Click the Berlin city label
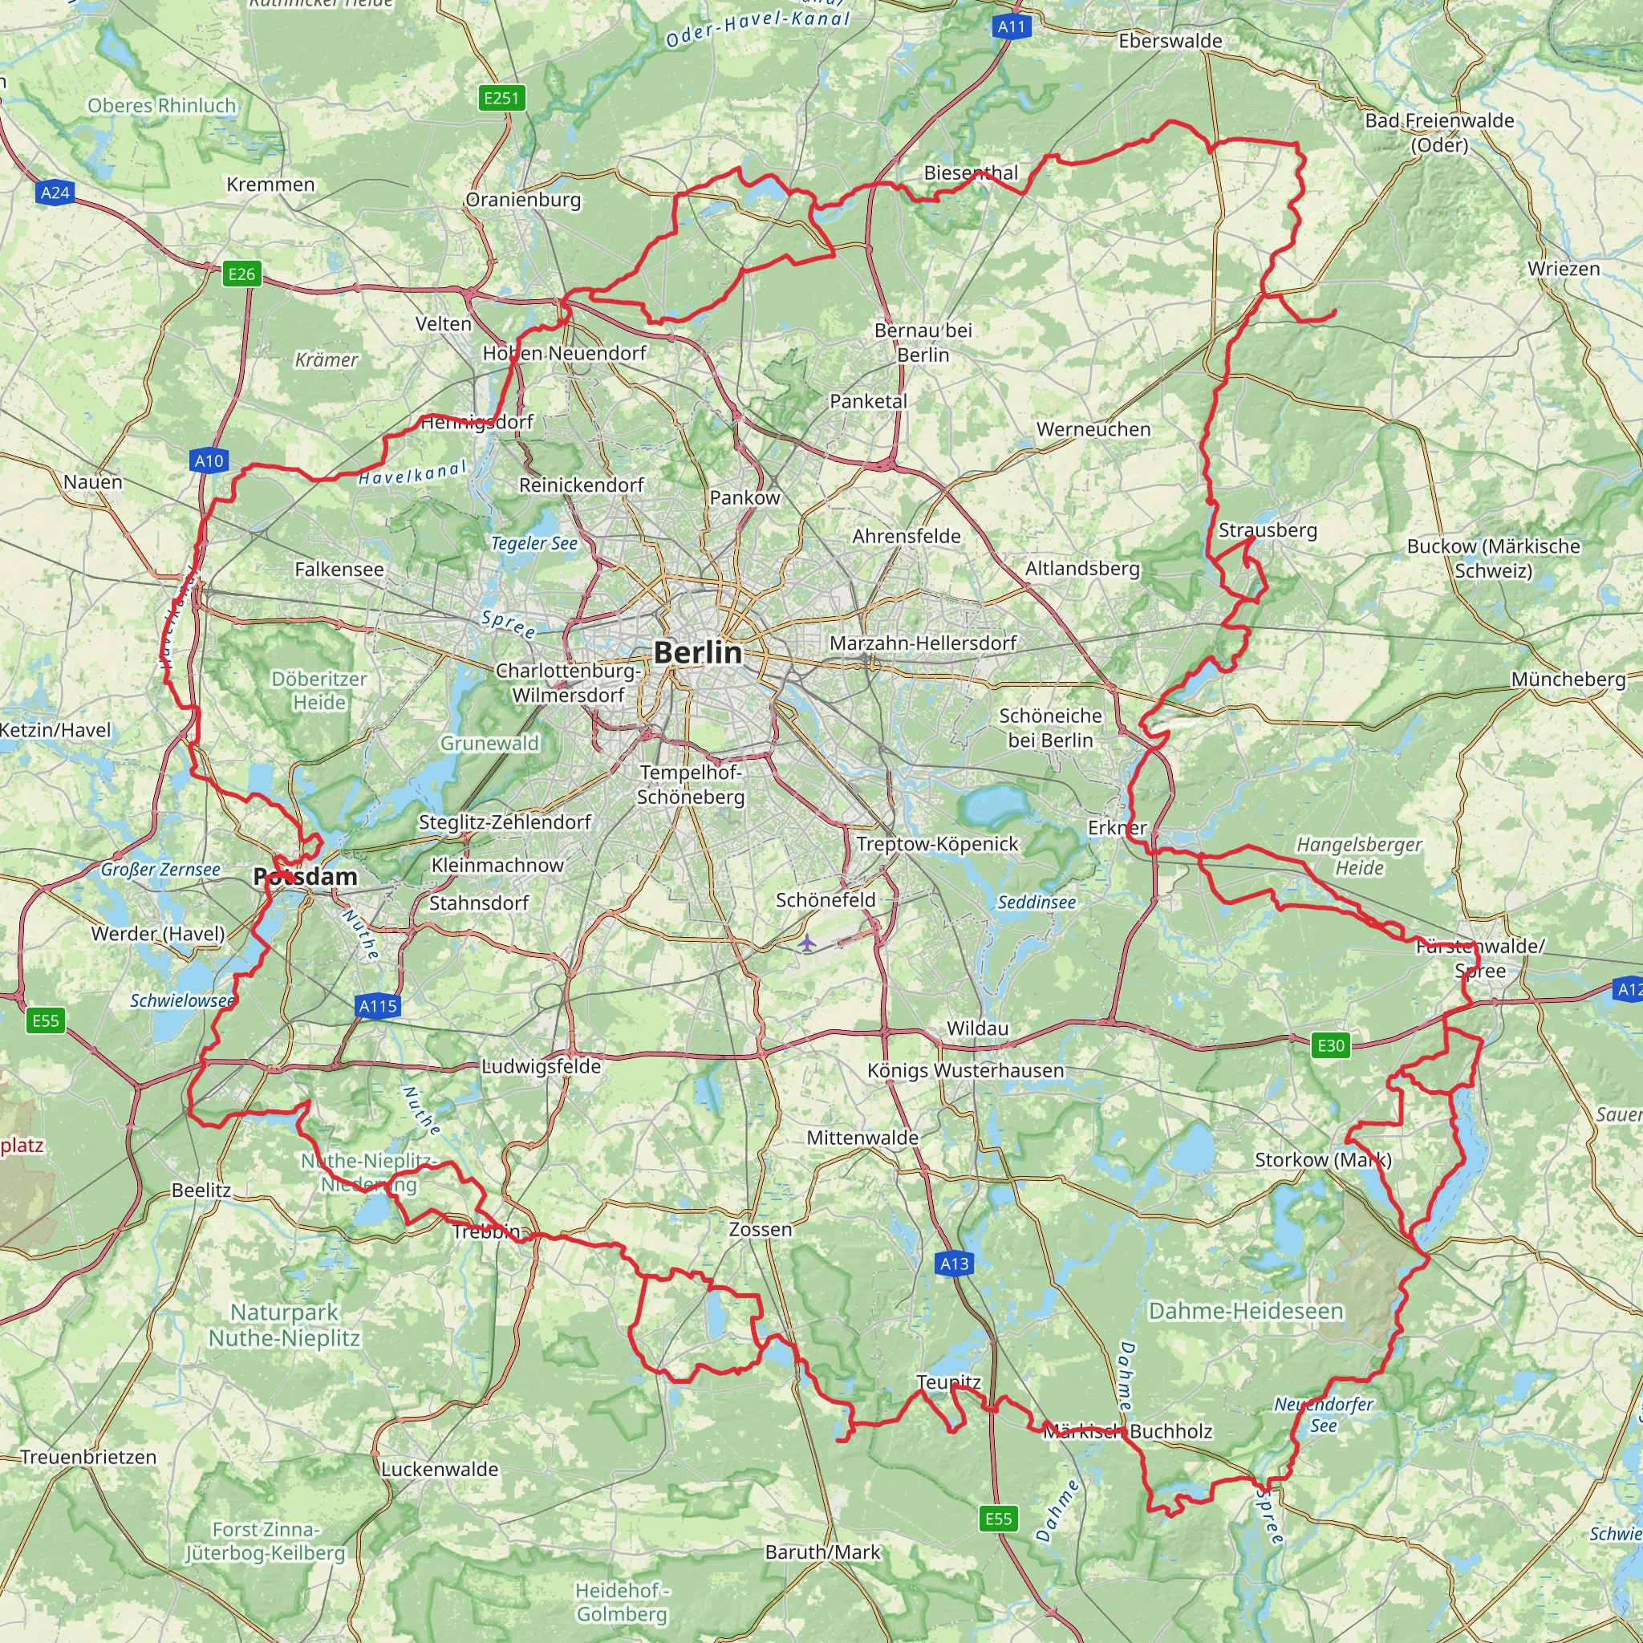697,652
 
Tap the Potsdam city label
306,877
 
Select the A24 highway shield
55,193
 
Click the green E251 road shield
501,98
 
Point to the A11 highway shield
1011,27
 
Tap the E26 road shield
241,274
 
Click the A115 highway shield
378,1007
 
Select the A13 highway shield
954,1264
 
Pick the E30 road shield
1331,1045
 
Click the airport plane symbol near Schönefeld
806,943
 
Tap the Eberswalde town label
1170,41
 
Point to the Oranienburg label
523,200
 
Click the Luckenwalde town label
440,1470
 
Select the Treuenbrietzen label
88,1457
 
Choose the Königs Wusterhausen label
965,1071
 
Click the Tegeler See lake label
534,543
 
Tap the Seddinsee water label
1037,903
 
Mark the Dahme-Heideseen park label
1246,1312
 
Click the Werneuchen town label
1093,429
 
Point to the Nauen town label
93,482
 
